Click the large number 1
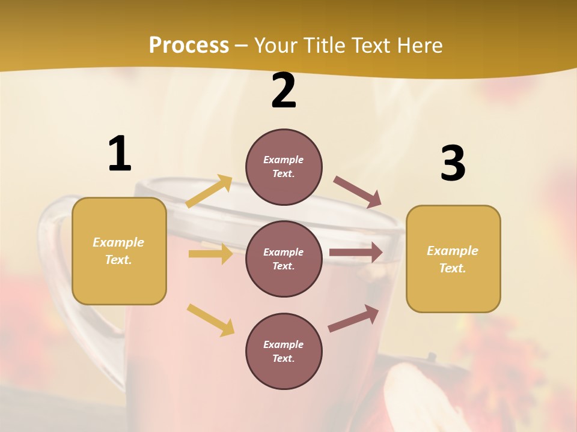click(x=120, y=154)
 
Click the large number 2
click(x=284, y=91)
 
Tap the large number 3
click(x=453, y=163)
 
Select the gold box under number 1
click(x=119, y=251)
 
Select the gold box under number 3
click(x=453, y=259)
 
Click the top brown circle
click(x=284, y=167)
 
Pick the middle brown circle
click(x=284, y=259)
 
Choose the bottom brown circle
click(x=284, y=351)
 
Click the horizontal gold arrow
click(x=210, y=254)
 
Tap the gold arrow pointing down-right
click(x=210, y=319)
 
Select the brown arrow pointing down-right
click(x=358, y=192)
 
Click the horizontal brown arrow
click(x=356, y=253)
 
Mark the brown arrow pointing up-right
click(x=354, y=319)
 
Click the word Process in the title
click(x=189, y=45)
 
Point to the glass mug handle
click(x=51, y=264)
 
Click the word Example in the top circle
click(x=283, y=160)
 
